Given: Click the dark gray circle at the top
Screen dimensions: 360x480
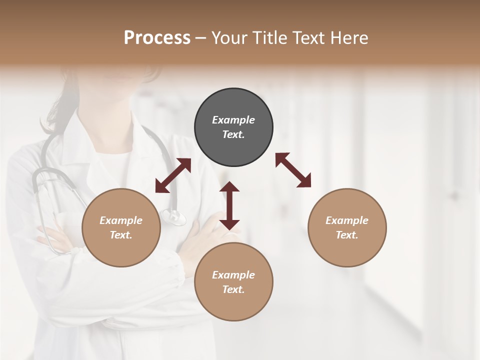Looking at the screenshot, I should point(233,127).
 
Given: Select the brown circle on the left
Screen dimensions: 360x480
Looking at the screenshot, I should point(121,227).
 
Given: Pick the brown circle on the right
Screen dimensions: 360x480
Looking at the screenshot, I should point(347,227).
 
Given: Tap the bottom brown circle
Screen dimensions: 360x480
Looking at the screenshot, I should point(233,282).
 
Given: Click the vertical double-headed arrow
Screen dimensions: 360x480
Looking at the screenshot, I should point(229,205).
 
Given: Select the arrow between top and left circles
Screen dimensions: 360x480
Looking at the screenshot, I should point(173,175).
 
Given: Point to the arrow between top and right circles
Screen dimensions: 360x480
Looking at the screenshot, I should point(293,170).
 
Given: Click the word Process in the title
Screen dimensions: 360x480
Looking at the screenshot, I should point(157,37).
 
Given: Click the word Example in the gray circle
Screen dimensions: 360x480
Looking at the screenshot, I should point(233,120).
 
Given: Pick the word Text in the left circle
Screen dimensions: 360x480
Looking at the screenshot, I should point(121,235).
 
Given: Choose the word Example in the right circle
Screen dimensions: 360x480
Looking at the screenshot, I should point(347,220).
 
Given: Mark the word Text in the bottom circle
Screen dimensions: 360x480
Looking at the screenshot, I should point(233,289).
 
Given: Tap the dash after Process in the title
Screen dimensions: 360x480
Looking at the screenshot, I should point(201,38).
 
